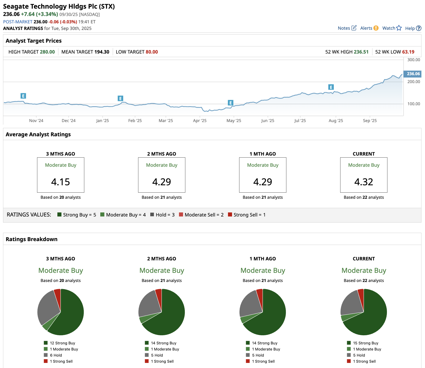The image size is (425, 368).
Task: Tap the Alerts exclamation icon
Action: (376, 28)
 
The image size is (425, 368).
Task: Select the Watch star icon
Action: (399, 28)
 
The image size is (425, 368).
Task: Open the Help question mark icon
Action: (419, 28)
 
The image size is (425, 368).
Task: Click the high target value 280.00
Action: (47, 52)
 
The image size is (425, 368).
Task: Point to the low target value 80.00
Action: (152, 52)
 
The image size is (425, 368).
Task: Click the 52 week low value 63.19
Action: (408, 52)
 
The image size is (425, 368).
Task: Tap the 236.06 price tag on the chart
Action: (413, 74)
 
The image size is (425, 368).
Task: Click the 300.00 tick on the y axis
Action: (414, 60)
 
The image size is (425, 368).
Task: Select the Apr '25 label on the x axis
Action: (200, 121)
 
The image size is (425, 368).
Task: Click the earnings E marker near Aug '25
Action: (331, 87)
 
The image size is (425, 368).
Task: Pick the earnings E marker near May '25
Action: (230, 103)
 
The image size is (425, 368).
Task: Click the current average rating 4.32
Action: (364, 182)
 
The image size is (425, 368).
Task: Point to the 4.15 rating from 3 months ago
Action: (60, 182)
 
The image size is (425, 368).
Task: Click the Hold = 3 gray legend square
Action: (152, 215)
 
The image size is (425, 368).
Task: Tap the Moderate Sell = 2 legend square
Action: (181, 215)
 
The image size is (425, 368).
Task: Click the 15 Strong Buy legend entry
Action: (365, 343)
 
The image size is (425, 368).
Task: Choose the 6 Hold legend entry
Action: (56, 355)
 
